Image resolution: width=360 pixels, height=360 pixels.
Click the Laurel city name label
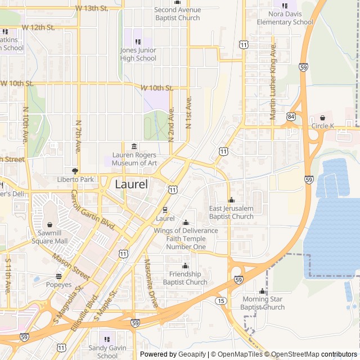coord(132,184)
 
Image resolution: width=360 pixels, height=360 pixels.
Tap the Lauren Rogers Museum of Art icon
coord(134,147)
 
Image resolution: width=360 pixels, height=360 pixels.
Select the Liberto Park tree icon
coord(74,171)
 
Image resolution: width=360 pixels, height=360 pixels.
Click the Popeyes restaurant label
coord(59,285)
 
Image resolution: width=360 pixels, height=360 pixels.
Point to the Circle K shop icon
coord(323,118)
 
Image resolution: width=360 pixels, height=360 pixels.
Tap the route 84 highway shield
coord(291,116)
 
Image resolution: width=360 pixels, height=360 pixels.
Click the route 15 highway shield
coord(221,301)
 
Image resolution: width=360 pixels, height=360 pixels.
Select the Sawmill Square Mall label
coord(49,237)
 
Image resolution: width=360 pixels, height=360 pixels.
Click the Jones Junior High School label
coord(138,54)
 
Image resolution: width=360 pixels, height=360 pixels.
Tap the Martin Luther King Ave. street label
coord(273,82)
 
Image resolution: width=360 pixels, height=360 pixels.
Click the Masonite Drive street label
coord(150,283)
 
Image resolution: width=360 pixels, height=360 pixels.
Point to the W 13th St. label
coord(92,8)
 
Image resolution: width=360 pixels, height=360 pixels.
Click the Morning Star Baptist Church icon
coord(262,291)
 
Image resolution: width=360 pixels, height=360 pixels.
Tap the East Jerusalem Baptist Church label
coord(231,213)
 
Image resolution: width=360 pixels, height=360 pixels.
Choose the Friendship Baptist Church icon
coord(186,266)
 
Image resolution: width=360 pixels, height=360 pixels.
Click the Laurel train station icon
coord(165,210)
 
